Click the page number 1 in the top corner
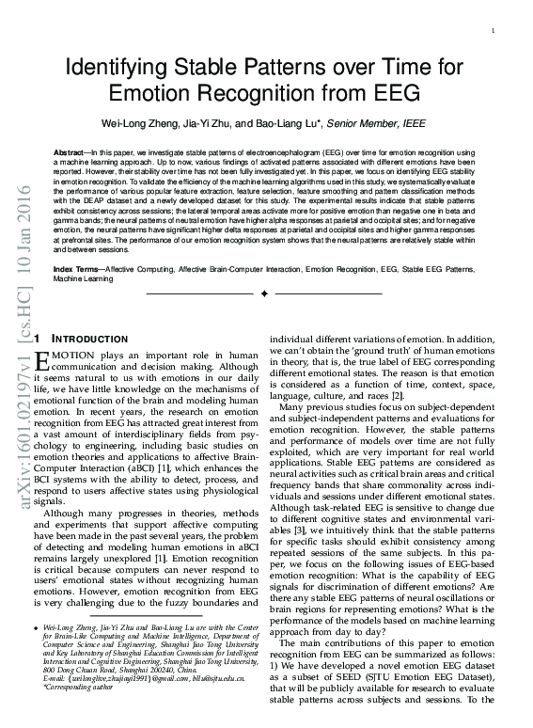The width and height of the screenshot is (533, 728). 493,33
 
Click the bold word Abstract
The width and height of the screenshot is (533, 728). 69,150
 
